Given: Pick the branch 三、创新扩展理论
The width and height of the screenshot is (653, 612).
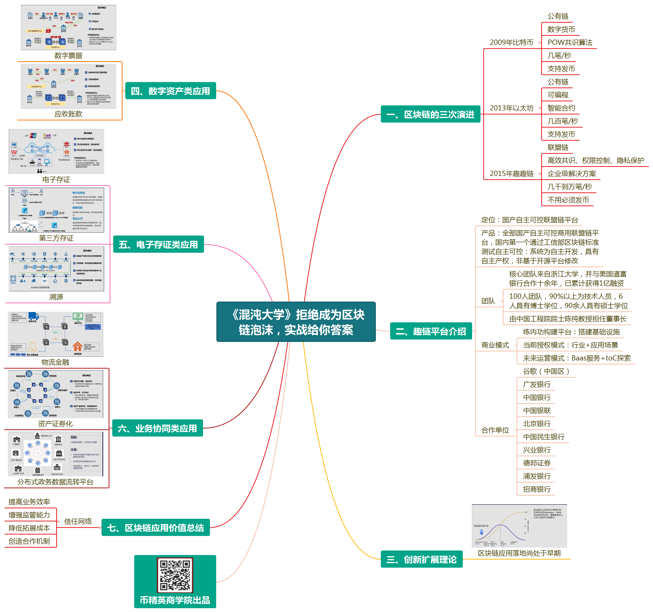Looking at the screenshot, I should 421,559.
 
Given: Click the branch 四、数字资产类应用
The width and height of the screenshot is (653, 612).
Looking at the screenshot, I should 170,91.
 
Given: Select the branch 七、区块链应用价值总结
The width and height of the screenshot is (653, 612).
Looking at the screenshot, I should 155,528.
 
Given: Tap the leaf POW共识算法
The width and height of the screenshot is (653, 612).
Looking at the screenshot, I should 570,42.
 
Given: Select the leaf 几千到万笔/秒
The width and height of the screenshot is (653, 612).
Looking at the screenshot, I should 569,187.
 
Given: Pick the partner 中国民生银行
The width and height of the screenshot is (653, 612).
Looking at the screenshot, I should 544,437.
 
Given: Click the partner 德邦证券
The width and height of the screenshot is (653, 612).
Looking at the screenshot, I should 537,463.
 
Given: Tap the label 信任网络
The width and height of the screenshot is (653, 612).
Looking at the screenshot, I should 78,521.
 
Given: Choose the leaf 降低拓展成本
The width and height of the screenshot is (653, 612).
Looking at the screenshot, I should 29,528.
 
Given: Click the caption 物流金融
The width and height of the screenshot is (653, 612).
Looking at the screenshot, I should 55,362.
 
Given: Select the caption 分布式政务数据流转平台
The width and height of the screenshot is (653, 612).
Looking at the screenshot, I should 55,482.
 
